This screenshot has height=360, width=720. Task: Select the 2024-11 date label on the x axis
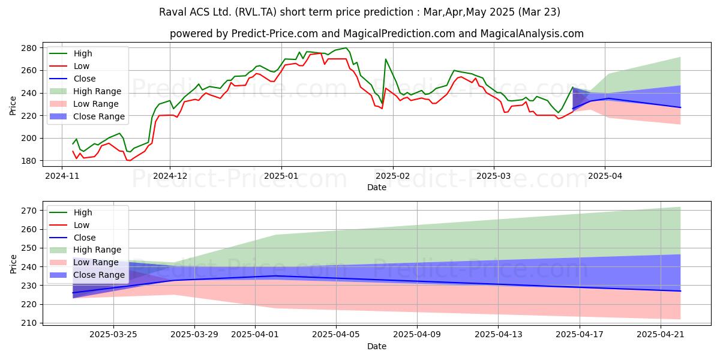[x=62, y=176]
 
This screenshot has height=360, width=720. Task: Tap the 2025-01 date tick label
[x=281, y=176]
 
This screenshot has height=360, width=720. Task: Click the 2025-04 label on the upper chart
[x=605, y=176]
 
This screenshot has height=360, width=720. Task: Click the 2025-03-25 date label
[x=113, y=335]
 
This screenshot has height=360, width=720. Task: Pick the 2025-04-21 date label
[x=661, y=335]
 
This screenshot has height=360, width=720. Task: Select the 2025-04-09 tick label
[x=417, y=335]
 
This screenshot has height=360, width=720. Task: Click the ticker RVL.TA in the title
[x=256, y=12]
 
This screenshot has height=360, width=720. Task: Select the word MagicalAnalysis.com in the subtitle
[x=532, y=34]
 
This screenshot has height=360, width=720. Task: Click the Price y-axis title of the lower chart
[x=13, y=264]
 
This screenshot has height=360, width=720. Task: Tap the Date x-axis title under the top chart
[x=377, y=187]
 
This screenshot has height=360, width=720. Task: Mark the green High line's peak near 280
[x=346, y=48]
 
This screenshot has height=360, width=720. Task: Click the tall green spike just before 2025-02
[x=385, y=59]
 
